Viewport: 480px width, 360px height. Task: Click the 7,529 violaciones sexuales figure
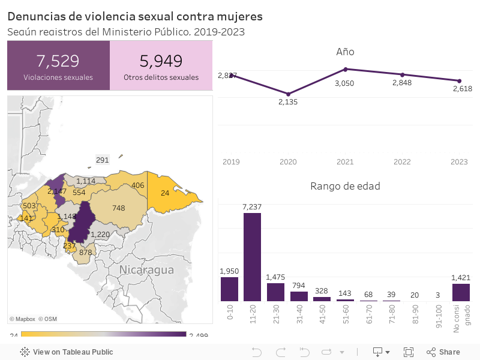click(58, 61)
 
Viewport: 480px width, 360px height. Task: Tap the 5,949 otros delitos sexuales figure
click(161, 61)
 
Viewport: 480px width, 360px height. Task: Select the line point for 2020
click(289, 94)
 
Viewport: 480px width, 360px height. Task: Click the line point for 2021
click(346, 69)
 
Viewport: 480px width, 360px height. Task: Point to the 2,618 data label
click(462, 89)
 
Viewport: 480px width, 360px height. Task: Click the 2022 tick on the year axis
click(402, 162)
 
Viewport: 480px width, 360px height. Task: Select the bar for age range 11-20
click(252, 257)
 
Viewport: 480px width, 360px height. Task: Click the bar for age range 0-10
click(229, 289)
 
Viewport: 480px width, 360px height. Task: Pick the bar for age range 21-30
click(275, 292)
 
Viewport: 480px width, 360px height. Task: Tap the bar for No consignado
click(461, 292)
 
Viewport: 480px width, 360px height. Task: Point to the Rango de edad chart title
click(345, 186)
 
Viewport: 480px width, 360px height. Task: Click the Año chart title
click(345, 52)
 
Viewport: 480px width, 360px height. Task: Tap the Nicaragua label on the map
click(146, 269)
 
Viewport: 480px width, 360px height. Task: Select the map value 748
click(118, 208)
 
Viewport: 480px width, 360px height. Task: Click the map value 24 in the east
click(165, 193)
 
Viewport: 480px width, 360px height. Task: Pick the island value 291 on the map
click(103, 160)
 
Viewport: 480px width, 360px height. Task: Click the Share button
click(443, 352)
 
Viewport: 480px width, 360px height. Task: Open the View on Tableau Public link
click(67, 352)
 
